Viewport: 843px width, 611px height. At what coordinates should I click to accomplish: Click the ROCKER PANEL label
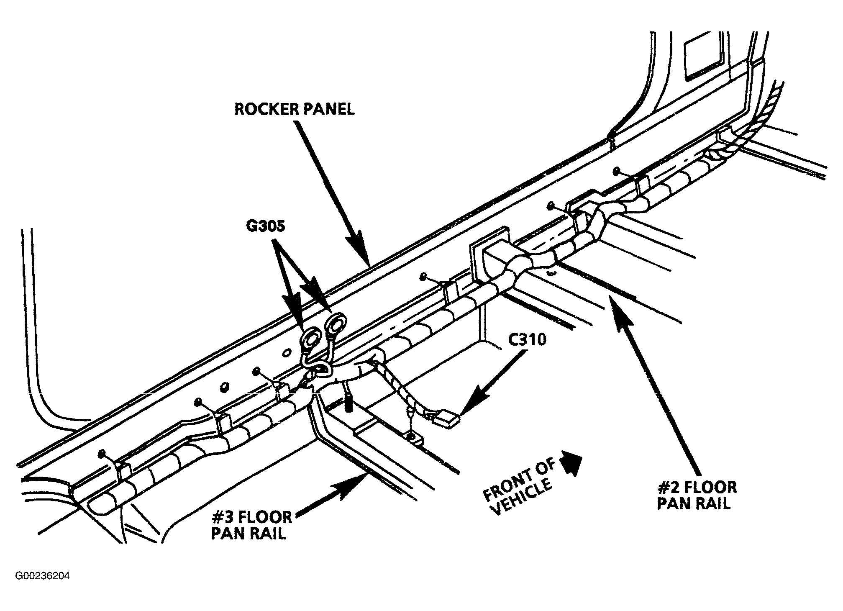(x=294, y=109)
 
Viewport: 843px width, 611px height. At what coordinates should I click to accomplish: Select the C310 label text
(x=527, y=340)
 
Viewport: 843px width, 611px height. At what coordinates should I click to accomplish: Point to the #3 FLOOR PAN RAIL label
(x=251, y=525)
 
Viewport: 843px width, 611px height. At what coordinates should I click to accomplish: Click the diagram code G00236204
(x=42, y=576)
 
